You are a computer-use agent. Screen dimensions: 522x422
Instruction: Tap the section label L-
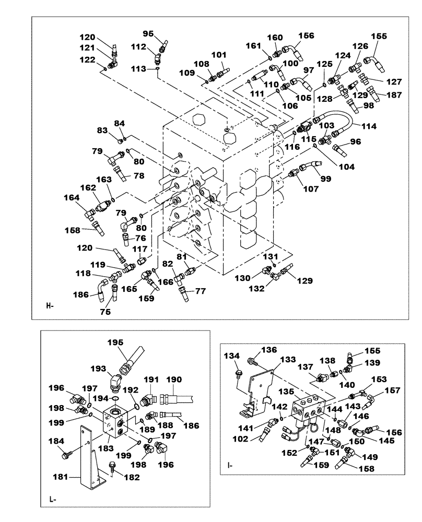pos(53,500)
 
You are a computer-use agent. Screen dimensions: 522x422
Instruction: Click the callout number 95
pos(148,34)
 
